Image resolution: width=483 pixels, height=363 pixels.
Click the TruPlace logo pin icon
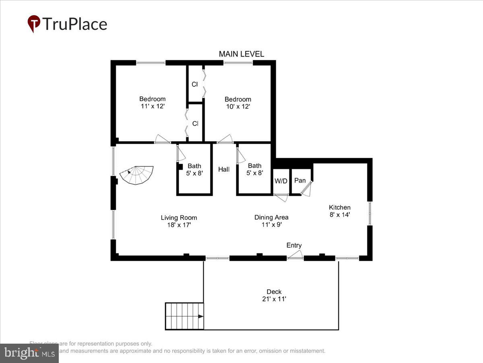click(34, 23)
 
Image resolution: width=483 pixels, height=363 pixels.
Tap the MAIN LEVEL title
click(241, 54)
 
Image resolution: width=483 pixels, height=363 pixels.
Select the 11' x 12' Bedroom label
click(152, 102)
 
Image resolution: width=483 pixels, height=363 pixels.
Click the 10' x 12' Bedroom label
click(237, 103)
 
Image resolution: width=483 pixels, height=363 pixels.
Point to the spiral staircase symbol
click(136, 175)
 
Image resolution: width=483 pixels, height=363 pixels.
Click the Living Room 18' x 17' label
click(179, 221)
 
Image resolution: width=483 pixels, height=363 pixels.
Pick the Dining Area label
click(271, 221)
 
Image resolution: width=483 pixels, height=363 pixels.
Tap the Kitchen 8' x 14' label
click(340, 211)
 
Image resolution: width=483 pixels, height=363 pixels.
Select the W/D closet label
click(281, 181)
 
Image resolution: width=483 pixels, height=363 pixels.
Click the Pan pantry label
click(300, 180)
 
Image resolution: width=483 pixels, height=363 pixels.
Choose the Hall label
click(224, 169)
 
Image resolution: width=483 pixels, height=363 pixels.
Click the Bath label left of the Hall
click(194, 169)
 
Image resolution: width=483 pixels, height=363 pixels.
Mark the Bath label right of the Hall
click(254, 169)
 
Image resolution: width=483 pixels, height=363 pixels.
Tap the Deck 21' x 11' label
click(274, 295)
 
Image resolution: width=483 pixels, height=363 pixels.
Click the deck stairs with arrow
click(184, 316)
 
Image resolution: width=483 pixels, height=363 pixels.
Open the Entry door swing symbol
click(295, 254)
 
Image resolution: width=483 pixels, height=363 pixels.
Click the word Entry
click(294, 245)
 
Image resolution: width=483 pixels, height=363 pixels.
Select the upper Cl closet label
click(194, 84)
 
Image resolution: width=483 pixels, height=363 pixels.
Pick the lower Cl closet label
click(195, 123)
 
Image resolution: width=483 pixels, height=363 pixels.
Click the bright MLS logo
click(29, 353)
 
